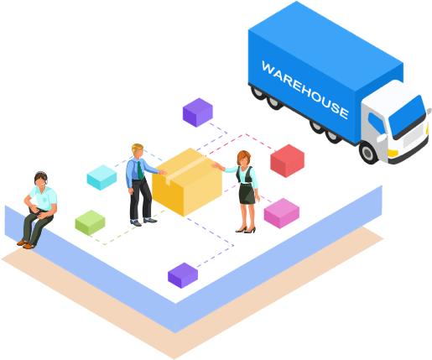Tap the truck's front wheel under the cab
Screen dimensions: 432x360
pos(368,153)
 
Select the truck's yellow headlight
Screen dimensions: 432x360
pos(393,153)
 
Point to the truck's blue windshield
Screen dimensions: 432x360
pos(407,115)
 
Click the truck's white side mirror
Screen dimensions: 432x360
pos(382,138)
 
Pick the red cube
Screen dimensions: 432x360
pos(287,161)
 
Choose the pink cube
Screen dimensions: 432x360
pos(282,213)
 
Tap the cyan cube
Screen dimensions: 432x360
pos(101,177)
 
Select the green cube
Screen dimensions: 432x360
pos(90,222)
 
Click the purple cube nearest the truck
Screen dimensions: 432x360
pos(198,112)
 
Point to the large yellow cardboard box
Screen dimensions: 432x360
pos(187,182)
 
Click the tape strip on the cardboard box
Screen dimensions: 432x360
pos(185,170)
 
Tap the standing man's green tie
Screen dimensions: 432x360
pos(140,170)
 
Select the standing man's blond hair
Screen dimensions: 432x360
pos(137,148)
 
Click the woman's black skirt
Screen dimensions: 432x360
pos(247,194)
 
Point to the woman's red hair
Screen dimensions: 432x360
pos(242,157)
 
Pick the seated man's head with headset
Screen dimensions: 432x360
pos(41,179)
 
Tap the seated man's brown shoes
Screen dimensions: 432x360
pos(26,244)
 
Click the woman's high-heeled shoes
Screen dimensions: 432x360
pos(246,230)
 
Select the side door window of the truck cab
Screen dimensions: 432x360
pos(376,123)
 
